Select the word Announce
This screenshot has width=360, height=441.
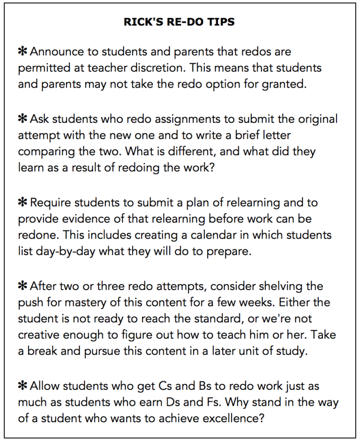click(58, 52)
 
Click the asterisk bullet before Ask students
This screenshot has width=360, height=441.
click(22, 119)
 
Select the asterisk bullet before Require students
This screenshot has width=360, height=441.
click(22, 202)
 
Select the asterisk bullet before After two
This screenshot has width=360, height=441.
click(22, 286)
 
